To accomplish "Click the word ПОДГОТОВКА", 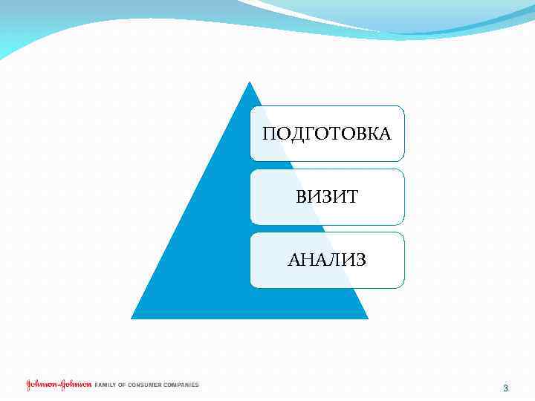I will coord(327,134).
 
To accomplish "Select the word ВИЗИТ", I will coord(327,197).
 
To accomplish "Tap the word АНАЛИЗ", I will coord(327,260).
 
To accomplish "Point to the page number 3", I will coord(505,388).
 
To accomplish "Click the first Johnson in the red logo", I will coord(42,385).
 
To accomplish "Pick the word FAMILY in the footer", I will coord(106,385).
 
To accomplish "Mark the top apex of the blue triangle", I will coord(250,82).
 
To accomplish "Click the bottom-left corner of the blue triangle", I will coord(132,318).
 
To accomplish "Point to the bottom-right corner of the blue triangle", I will coord(367,318).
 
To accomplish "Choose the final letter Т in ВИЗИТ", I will coord(351,197).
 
